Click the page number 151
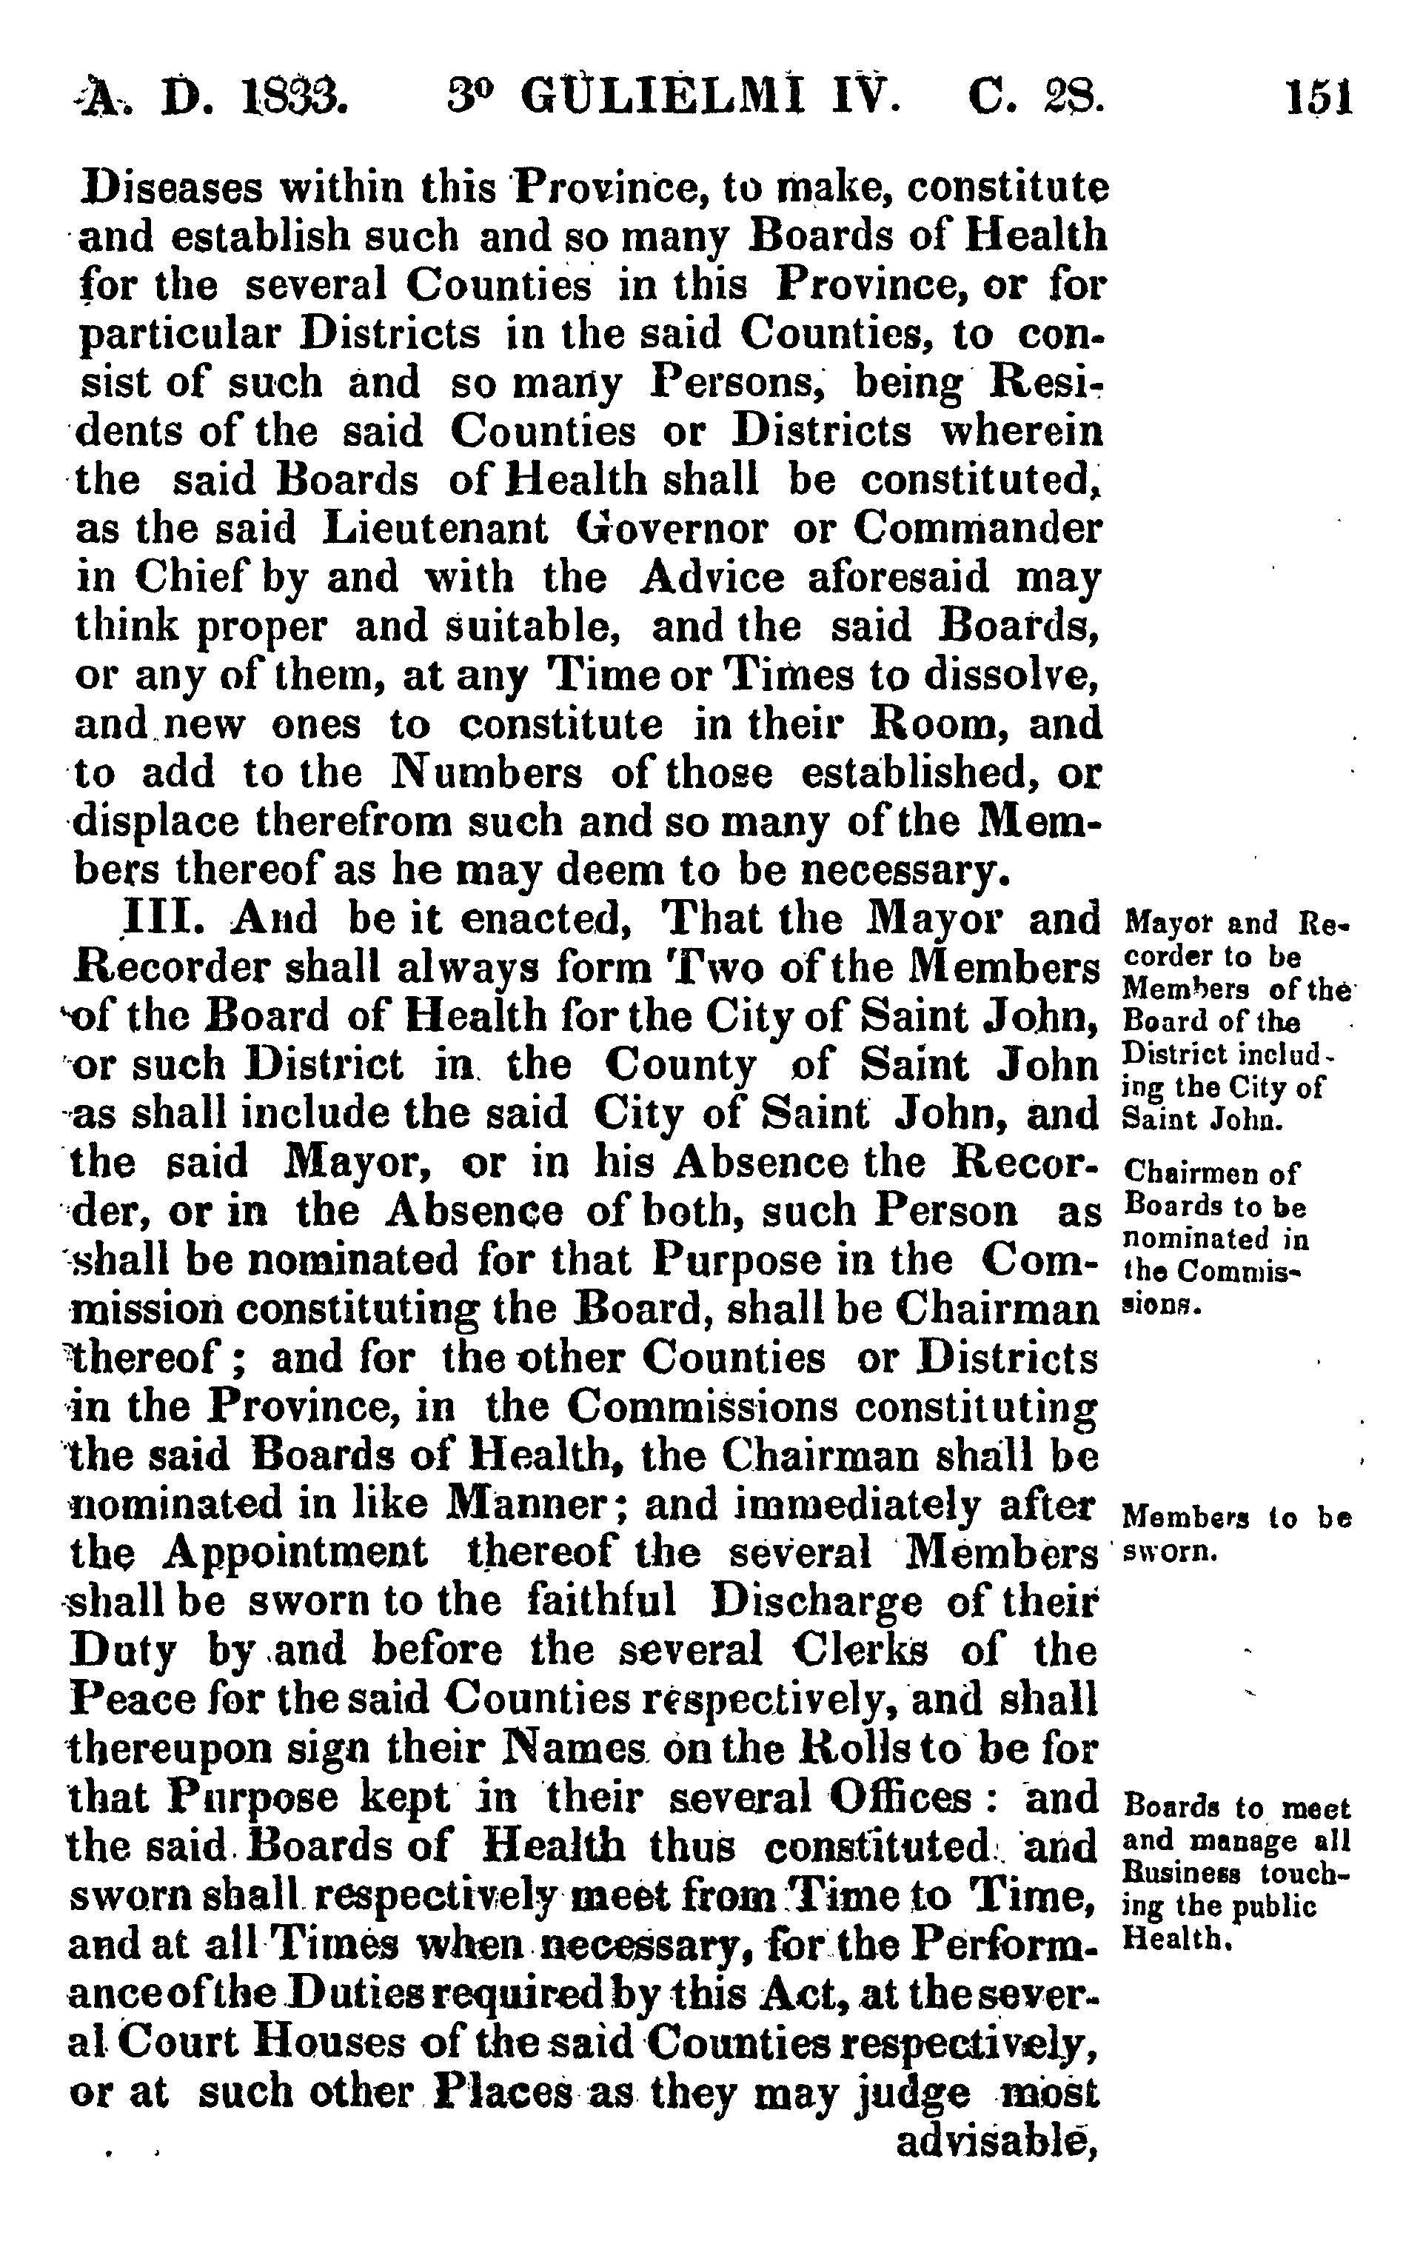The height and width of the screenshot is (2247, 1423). click(x=1319, y=96)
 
